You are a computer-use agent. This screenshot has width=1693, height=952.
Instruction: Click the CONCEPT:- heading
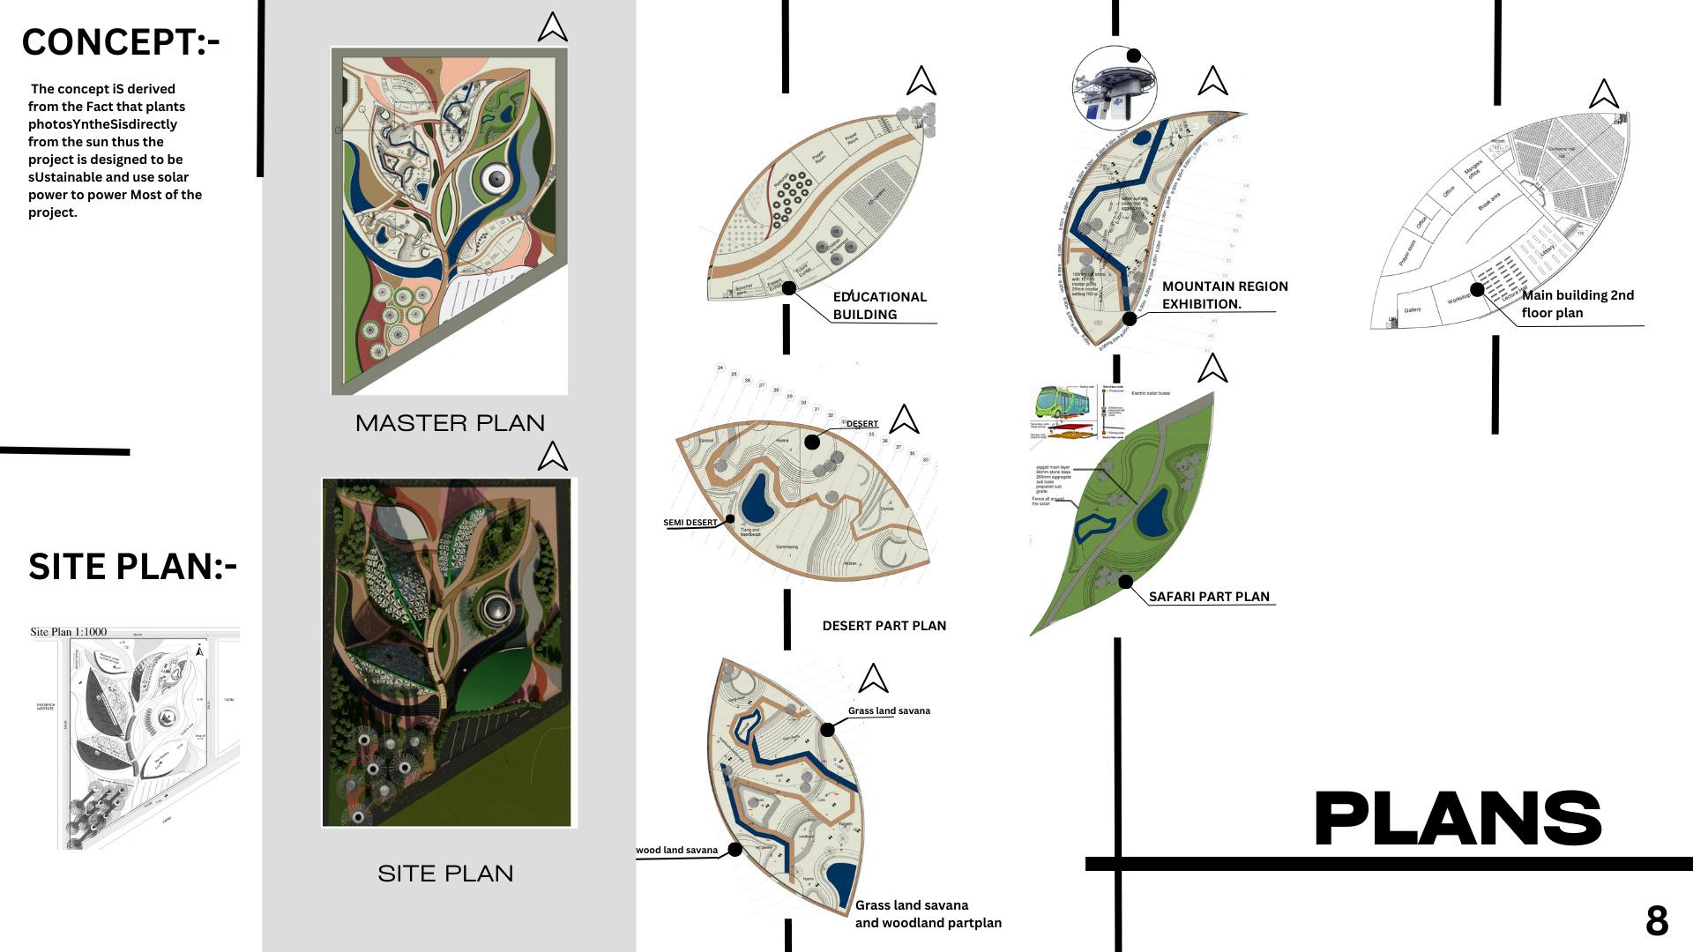pyautogui.click(x=121, y=42)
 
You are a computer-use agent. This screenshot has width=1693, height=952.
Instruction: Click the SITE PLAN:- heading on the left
pyautogui.click(x=132, y=567)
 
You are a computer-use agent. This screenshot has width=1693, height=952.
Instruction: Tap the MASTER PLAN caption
pyautogui.click(x=450, y=423)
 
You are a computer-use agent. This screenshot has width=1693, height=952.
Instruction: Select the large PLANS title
pyautogui.click(x=1458, y=819)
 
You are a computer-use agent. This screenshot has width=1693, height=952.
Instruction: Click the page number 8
pyautogui.click(x=1656, y=921)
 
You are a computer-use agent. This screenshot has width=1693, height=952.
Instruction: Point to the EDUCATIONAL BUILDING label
pyautogui.click(x=879, y=306)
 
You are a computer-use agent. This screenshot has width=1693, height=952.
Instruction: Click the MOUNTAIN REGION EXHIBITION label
pyautogui.click(x=1224, y=295)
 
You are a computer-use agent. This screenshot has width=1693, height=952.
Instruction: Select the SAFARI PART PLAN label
pyautogui.click(x=1209, y=597)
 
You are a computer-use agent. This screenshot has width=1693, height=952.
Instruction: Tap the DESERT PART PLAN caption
pyautogui.click(x=884, y=626)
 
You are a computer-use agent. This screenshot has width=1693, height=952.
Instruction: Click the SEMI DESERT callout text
pyautogui.click(x=690, y=523)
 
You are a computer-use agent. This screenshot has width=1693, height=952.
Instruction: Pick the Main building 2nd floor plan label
pyautogui.click(x=1577, y=304)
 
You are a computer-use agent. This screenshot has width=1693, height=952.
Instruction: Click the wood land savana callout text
pyautogui.click(x=676, y=851)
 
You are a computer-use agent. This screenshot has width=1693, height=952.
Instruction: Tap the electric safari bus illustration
pyautogui.click(x=1062, y=402)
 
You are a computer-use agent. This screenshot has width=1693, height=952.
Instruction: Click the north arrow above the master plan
pyautogui.click(x=552, y=27)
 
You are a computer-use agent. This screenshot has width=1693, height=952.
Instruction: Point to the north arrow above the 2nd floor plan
pyautogui.click(x=1603, y=93)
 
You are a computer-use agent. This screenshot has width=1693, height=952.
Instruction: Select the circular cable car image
pyautogui.click(x=1114, y=89)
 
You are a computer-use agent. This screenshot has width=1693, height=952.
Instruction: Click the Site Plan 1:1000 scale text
pyautogui.click(x=68, y=632)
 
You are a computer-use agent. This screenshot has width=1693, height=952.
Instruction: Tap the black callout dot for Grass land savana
pyautogui.click(x=827, y=730)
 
